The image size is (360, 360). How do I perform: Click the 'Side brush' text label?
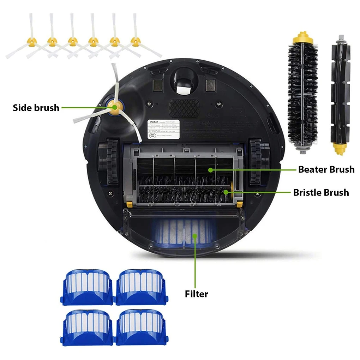point(36,108)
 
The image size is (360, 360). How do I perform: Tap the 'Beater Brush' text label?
point(326,169)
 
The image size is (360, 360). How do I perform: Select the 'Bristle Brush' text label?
point(321,192)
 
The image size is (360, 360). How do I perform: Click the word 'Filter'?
point(197,294)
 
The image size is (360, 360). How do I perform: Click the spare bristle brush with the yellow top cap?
point(302,94)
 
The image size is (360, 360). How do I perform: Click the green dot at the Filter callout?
point(195,235)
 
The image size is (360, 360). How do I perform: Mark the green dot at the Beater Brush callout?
point(210,170)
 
